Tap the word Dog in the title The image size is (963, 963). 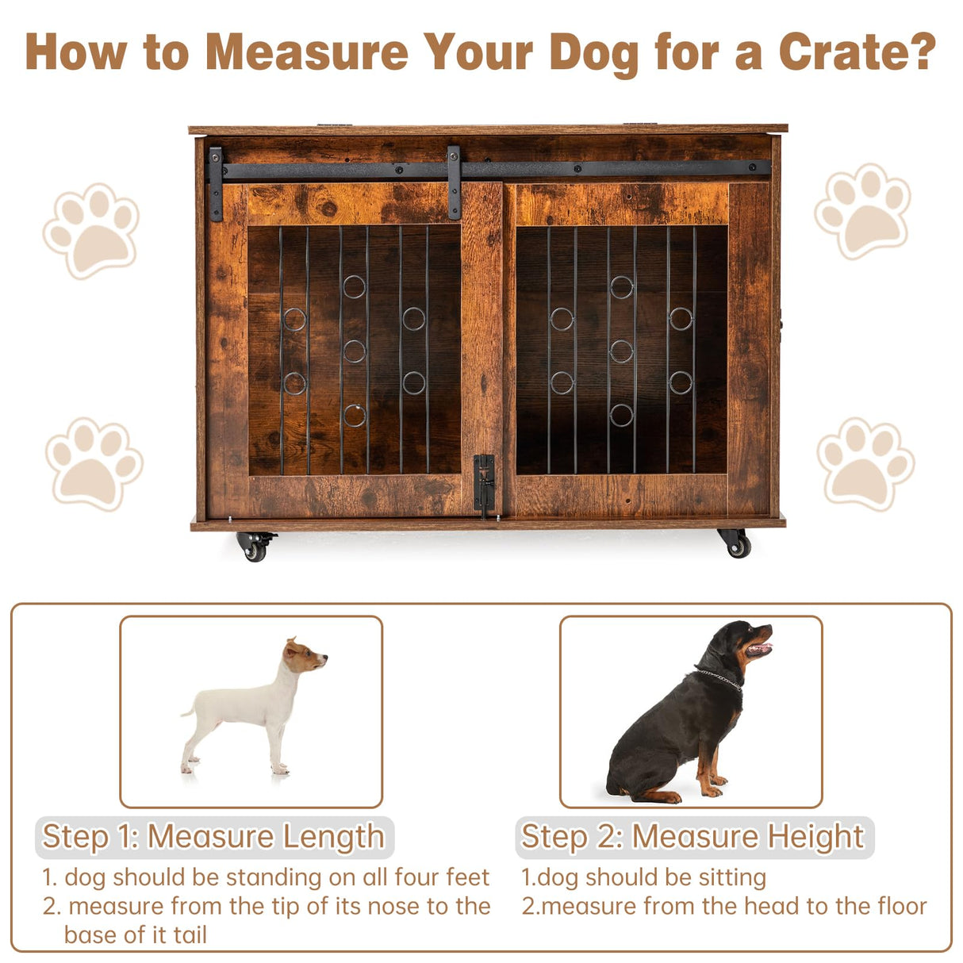pos(593,52)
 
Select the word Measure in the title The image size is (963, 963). pos(306,52)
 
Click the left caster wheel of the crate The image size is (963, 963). pos(255,547)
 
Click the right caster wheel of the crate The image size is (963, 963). pos(735,543)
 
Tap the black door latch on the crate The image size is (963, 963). pos(484,484)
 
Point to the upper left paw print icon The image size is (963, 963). pos(92,230)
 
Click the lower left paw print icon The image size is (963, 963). pos(94,463)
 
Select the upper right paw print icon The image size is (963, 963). pos(863,210)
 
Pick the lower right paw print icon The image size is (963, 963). pos(865,463)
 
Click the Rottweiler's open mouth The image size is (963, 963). pos(760,647)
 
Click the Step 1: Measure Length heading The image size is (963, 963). pos(213,837)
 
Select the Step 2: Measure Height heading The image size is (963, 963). pos(693,837)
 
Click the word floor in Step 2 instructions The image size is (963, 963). pos(897,906)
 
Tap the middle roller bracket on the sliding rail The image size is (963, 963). pos(454,182)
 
